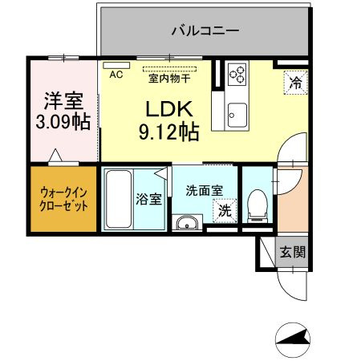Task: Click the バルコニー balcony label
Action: tap(205, 30)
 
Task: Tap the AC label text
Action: tap(116, 75)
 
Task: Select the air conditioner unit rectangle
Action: tap(116, 65)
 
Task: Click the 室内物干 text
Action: tap(169, 79)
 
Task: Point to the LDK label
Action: tap(169, 109)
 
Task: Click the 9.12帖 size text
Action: tap(169, 132)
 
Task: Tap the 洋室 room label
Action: tap(63, 101)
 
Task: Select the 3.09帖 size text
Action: tap(63, 122)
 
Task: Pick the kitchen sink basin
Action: tap(237, 115)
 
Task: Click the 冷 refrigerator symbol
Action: tap(296, 83)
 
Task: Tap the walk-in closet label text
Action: tap(63, 200)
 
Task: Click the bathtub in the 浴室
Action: tap(118, 199)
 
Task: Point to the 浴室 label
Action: tap(149, 199)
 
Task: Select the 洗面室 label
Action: tap(205, 191)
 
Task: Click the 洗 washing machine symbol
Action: tap(225, 211)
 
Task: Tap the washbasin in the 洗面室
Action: tap(187, 222)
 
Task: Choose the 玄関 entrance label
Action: tap(293, 252)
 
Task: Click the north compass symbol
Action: tap(293, 339)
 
